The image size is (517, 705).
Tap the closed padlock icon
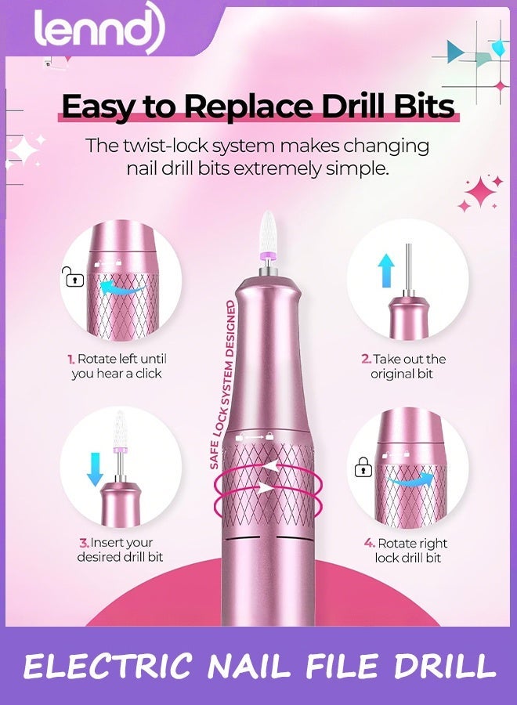point(362,468)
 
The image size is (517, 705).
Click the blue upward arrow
point(385,271)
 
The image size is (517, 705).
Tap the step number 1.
point(70,360)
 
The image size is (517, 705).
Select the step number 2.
point(365,360)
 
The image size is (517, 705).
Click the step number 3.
point(82,543)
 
